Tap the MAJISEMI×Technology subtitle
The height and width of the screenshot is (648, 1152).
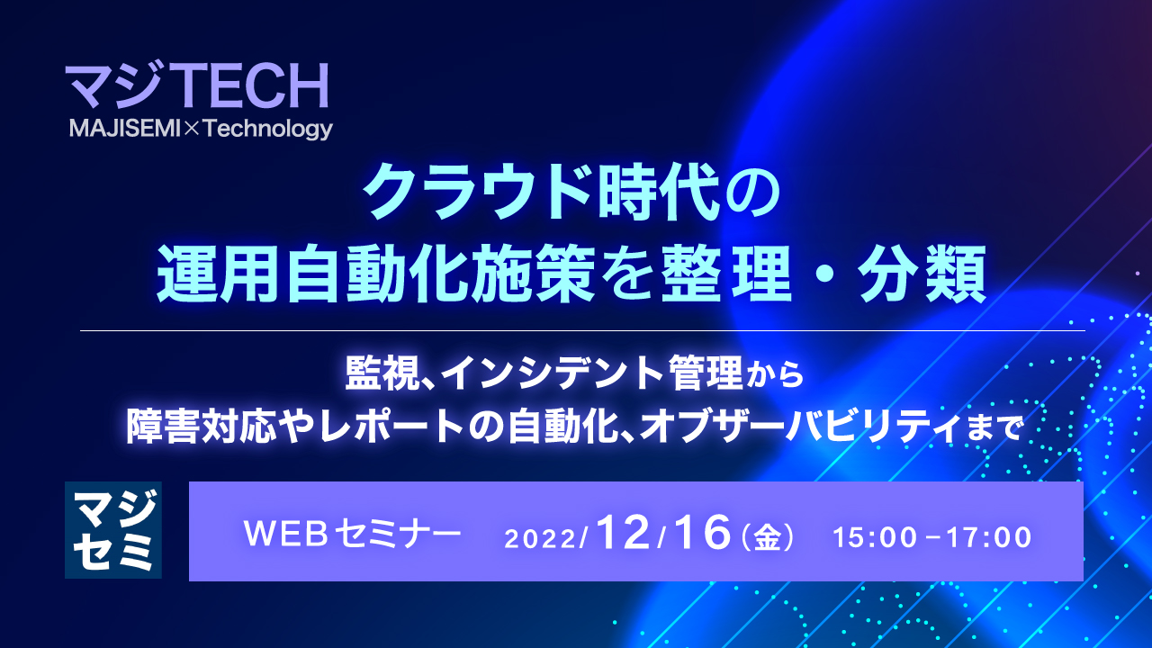coord(201,130)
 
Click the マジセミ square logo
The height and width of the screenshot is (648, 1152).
coord(113,530)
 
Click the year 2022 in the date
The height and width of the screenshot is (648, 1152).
coord(544,538)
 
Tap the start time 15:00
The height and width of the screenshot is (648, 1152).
coord(871,537)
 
